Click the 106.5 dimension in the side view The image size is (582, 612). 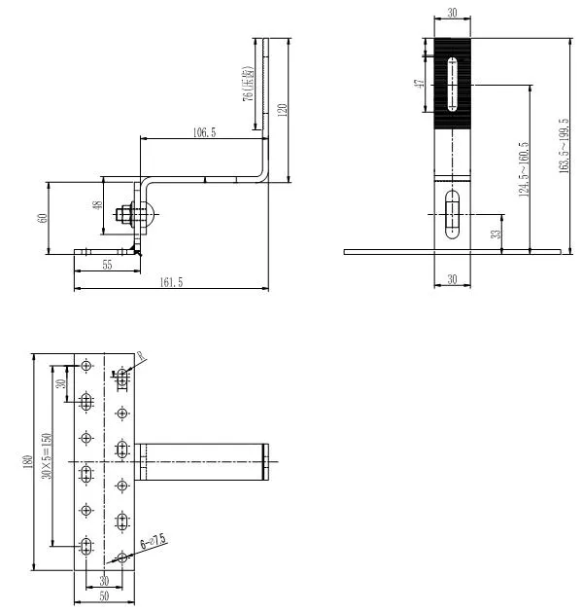(205, 131)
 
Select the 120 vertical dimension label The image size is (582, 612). (282, 109)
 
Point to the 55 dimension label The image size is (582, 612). (107, 265)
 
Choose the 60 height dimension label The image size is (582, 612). (42, 217)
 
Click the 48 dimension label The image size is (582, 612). (96, 206)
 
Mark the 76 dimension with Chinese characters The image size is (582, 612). (249, 85)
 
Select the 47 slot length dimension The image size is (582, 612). (419, 85)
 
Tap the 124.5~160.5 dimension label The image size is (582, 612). (524, 168)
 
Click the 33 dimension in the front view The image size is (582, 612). (496, 234)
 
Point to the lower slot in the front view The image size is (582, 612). (452, 213)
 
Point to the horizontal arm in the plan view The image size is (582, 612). (203, 461)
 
